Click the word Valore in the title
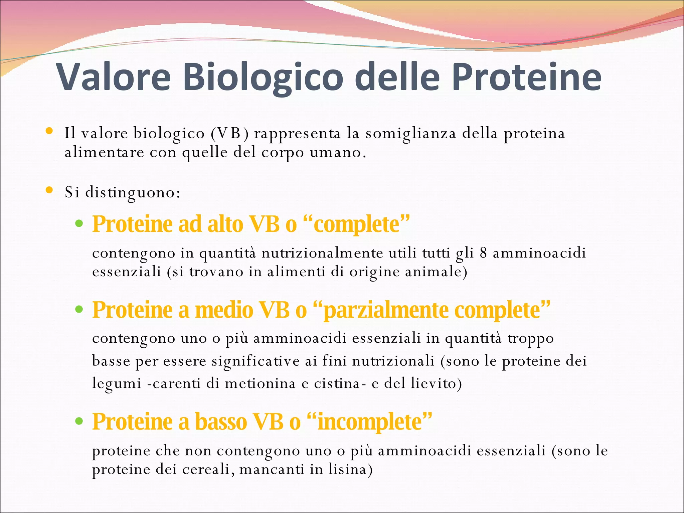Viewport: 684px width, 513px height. point(114,77)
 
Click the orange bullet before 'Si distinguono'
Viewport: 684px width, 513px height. point(49,191)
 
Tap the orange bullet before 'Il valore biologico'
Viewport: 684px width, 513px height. point(49,131)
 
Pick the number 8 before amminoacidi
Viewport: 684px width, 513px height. point(483,253)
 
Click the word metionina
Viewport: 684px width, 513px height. point(260,383)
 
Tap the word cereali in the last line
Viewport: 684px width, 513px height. point(207,470)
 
